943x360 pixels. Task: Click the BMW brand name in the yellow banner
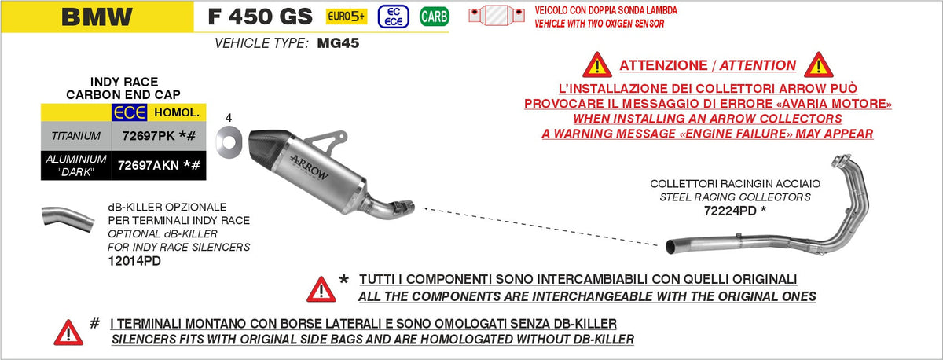click(97, 17)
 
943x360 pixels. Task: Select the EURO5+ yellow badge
click(347, 17)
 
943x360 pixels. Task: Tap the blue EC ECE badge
click(393, 17)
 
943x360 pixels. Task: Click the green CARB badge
click(435, 17)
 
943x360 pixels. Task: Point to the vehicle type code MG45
click(338, 43)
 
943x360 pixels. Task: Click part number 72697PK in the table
click(149, 136)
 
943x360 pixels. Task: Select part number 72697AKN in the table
click(149, 166)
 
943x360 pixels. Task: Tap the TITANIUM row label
click(75, 136)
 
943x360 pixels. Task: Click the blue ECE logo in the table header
click(129, 112)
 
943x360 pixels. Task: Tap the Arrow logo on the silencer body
click(309, 167)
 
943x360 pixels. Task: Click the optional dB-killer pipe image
click(68, 219)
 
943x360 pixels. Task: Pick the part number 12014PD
click(134, 261)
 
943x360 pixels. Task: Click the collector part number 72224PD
click(730, 211)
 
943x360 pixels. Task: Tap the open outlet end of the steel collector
click(670, 247)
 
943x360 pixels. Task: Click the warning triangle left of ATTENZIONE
click(597, 65)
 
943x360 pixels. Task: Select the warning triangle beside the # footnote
click(68, 332)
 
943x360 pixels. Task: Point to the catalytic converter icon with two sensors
click(497, 16)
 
